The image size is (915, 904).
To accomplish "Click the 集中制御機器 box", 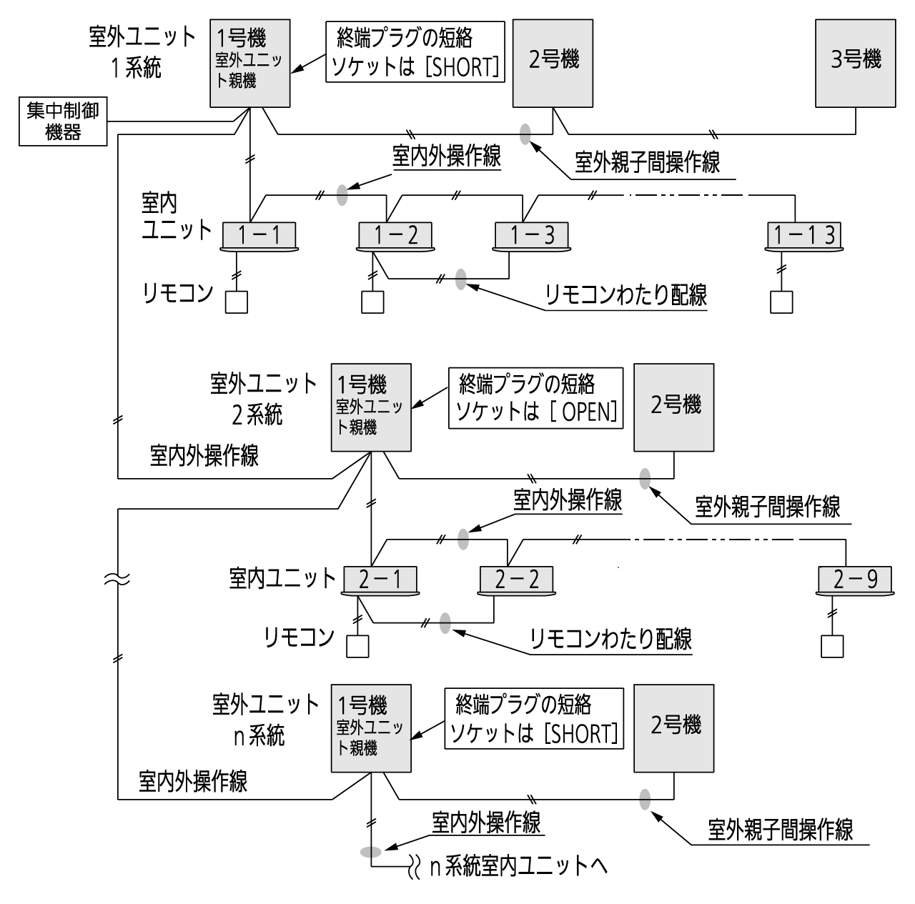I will point(63,121).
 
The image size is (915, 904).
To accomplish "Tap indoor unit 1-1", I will point(259,235).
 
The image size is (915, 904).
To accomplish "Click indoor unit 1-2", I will point(395,235).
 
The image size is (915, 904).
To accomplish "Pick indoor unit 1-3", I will point(531,235).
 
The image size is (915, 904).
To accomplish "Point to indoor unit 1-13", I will point(803,235).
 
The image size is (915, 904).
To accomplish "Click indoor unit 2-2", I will point(515,580).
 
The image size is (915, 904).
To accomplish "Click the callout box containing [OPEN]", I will point(535,398).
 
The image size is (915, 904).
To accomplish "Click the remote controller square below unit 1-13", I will point(781,302).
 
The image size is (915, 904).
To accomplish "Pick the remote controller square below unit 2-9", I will point(831,646).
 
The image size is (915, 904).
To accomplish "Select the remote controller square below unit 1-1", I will point(237,302).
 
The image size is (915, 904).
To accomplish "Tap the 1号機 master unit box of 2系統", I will point(371,407).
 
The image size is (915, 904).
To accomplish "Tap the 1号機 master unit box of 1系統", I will point(249,63).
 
